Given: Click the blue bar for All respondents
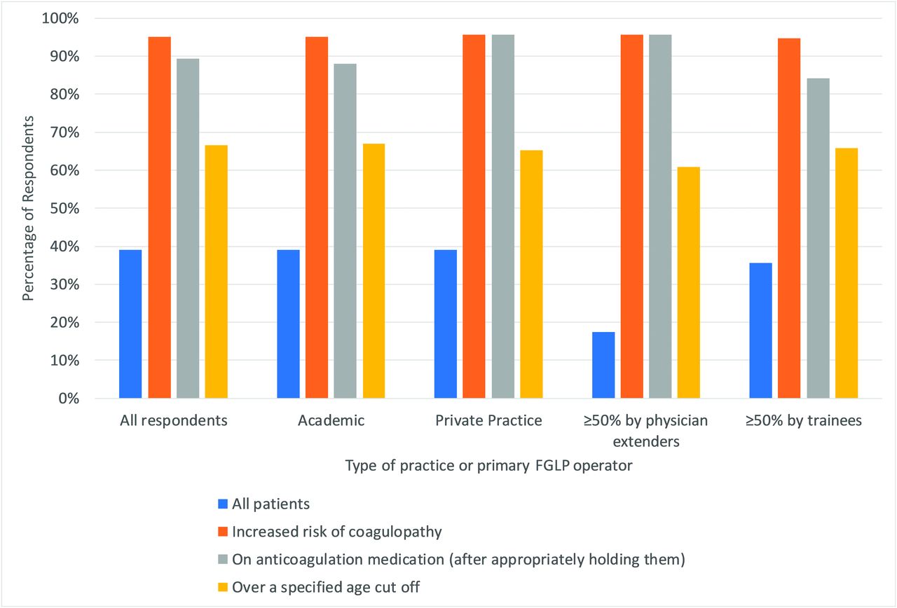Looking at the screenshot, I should [x=130, y=324].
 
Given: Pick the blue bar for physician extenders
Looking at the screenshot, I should [x=603, y=365].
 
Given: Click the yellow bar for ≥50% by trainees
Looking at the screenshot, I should [x=847, y=273].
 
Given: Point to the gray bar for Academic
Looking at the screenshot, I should [x=345, y=231].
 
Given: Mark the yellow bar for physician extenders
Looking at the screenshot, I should [x=689, y=283].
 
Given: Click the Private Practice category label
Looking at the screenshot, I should [x=488, y=421].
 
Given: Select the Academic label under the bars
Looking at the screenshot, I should [x=331, y=421].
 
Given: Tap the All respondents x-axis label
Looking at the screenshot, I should [x=173, y=421].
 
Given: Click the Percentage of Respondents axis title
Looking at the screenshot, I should [x=27, y=208].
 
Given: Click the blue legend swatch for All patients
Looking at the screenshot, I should [x=223, y=504].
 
